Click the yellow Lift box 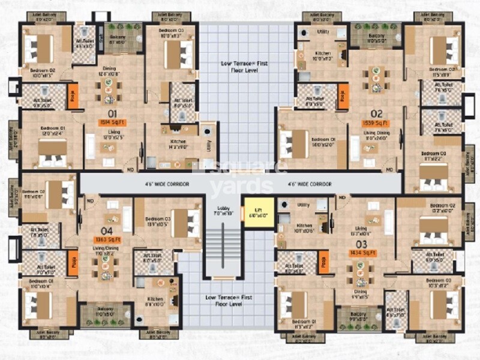point(259,212)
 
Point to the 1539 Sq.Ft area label point(377,123)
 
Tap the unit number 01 point(112,112)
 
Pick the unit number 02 point(376,113)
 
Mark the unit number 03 point(361,244)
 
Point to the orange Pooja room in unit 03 point(324,262)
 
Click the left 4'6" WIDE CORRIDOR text point(166,184)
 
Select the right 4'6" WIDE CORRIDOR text point(309,184)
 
